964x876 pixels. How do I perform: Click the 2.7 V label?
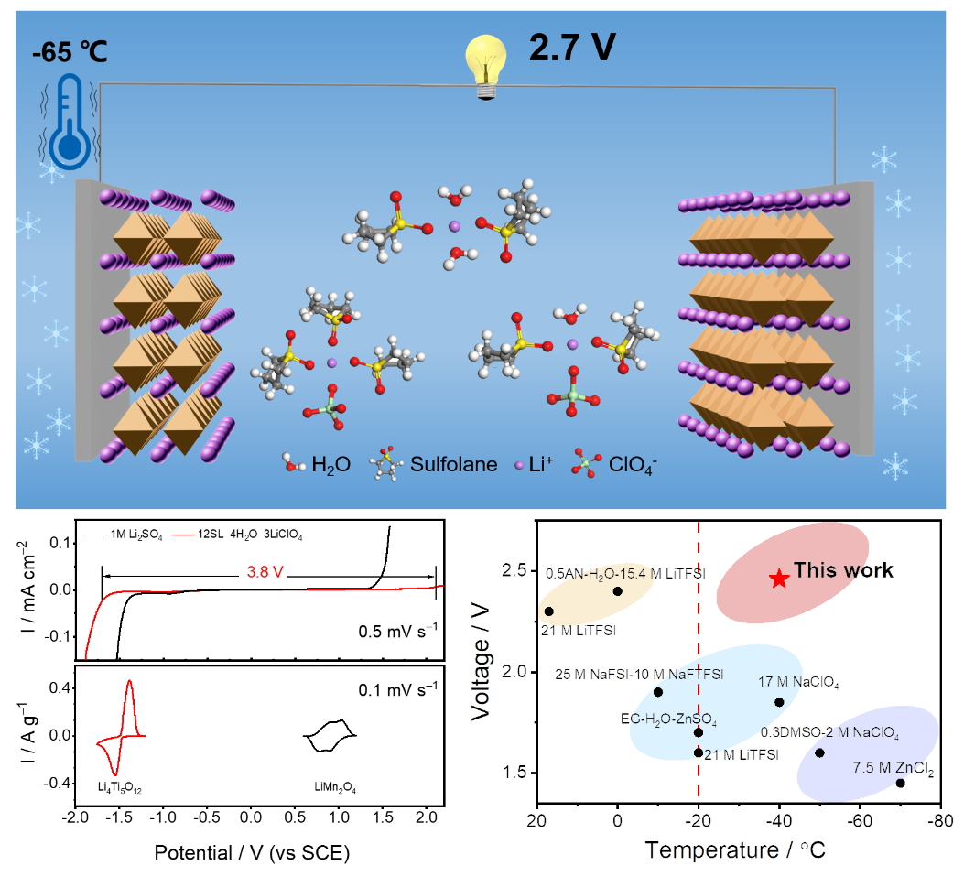click(570, 49)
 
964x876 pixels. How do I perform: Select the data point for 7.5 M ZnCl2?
click(900, 783)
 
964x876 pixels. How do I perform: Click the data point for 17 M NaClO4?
click(779, 702)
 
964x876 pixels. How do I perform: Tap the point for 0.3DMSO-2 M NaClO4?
click(819, 752)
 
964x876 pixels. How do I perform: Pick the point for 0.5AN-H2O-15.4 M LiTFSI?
click(618, 591)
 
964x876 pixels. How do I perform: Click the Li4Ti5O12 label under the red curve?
click(120, 786)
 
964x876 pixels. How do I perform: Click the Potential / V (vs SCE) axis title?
click(252, 852)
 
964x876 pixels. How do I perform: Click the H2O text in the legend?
click(331, 464)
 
